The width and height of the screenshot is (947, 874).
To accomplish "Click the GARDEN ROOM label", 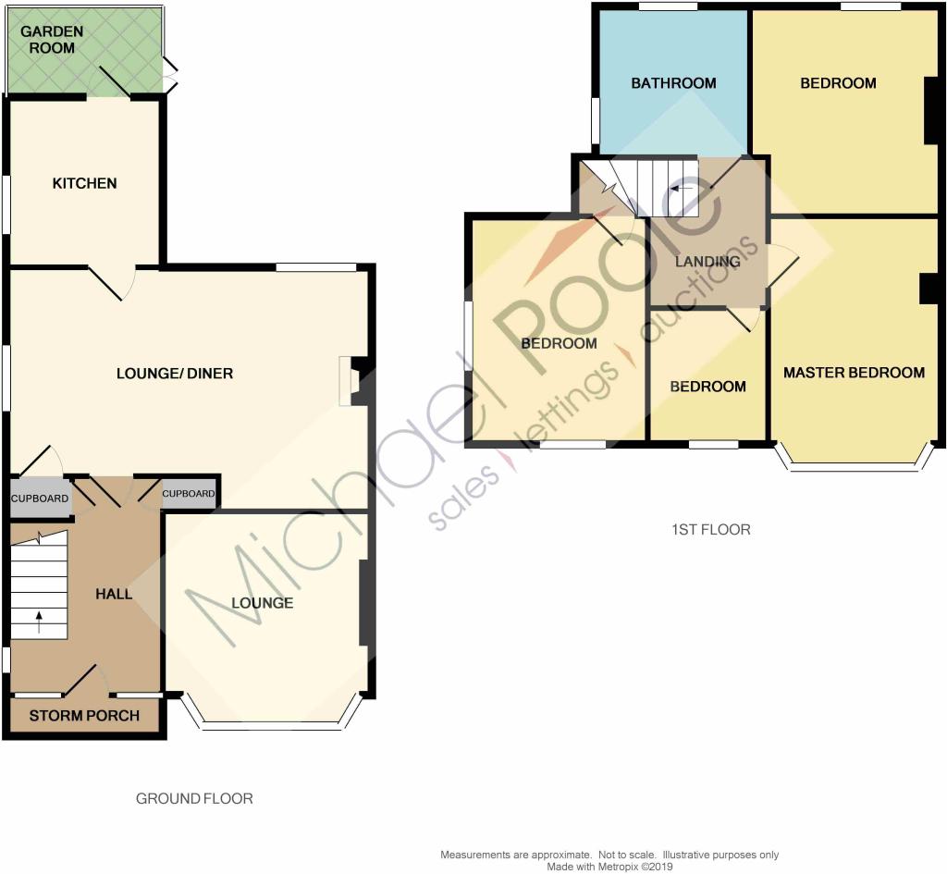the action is pyautogui.click(x=52, y=39).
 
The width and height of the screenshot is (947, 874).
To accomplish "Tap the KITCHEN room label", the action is pyautogui.click(x=84, y=183).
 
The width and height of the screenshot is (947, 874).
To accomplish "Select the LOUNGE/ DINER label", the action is pyautogui.click(x=175, y=374).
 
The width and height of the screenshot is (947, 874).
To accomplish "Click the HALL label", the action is pyautogui.click(x=114, y=594).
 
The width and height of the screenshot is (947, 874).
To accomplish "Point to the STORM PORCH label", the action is pyautogui.click(x=84, y=715).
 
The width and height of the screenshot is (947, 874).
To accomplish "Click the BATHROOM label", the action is pyautogui.click(x=673, y=82).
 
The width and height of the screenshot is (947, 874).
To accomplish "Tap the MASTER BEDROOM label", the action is pyautogui.click(x=854, y=372).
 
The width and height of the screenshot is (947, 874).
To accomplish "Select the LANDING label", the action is pyautogui.click(x=707, y=261).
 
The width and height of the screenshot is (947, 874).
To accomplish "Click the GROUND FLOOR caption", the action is pyautogui.click(x=194, y=798).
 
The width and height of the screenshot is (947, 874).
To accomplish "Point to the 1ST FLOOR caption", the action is pyautogui.click(x=711, y=530).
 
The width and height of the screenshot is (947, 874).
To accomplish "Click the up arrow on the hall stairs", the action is pyautogui.click(x=39, y=622).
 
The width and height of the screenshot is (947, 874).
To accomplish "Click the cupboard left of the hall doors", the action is pyautogui.click(x=40, y=498).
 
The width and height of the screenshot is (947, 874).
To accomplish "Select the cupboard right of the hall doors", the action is pyautogui.click(x=189, y=493).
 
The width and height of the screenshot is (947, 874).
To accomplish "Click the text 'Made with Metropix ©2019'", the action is pyautogui.click(x=609, y=867).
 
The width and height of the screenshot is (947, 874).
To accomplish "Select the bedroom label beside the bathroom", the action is pyautogui.click(x=838, y=82).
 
